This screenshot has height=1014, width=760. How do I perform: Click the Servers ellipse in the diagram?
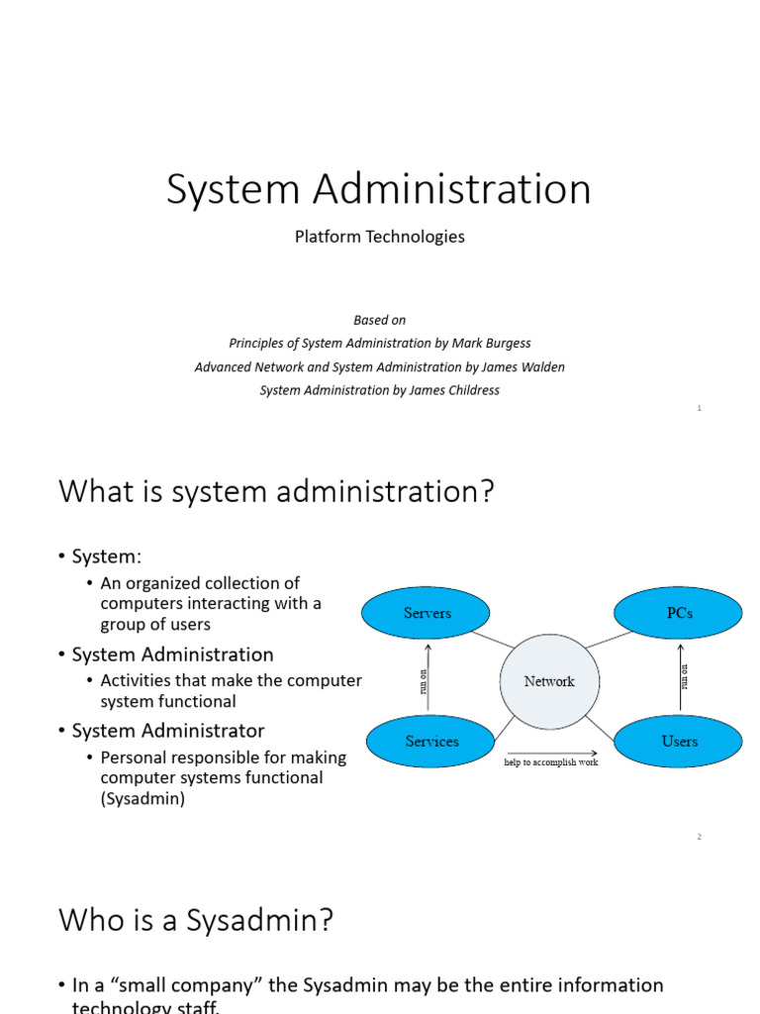click(427, 613)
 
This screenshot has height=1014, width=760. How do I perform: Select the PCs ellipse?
click(679, 613)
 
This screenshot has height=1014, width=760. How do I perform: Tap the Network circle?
click(549, 681)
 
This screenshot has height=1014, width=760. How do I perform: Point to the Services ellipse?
click(431, 741)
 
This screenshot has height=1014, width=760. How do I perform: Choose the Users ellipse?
click(679, 741)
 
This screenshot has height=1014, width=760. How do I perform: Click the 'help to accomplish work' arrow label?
click(551, 762)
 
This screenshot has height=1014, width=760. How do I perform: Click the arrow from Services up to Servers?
click(427, 677)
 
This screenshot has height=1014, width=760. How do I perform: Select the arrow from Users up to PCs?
click(681, 677)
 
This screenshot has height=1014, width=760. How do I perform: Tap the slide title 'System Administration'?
click(379, 189)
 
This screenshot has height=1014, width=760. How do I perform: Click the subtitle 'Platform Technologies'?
click(379, 237)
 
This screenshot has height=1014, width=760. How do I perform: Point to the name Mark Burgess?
click(491, 343)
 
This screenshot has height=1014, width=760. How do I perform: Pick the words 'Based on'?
click(379, 319)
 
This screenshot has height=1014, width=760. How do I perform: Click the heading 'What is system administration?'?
click(276, 490)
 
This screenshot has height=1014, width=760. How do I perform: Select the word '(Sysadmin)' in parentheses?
click(142, 798)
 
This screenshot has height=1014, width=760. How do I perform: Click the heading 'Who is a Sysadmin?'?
click(196, 920)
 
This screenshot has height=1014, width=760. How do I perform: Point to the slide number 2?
click(699, 837)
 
